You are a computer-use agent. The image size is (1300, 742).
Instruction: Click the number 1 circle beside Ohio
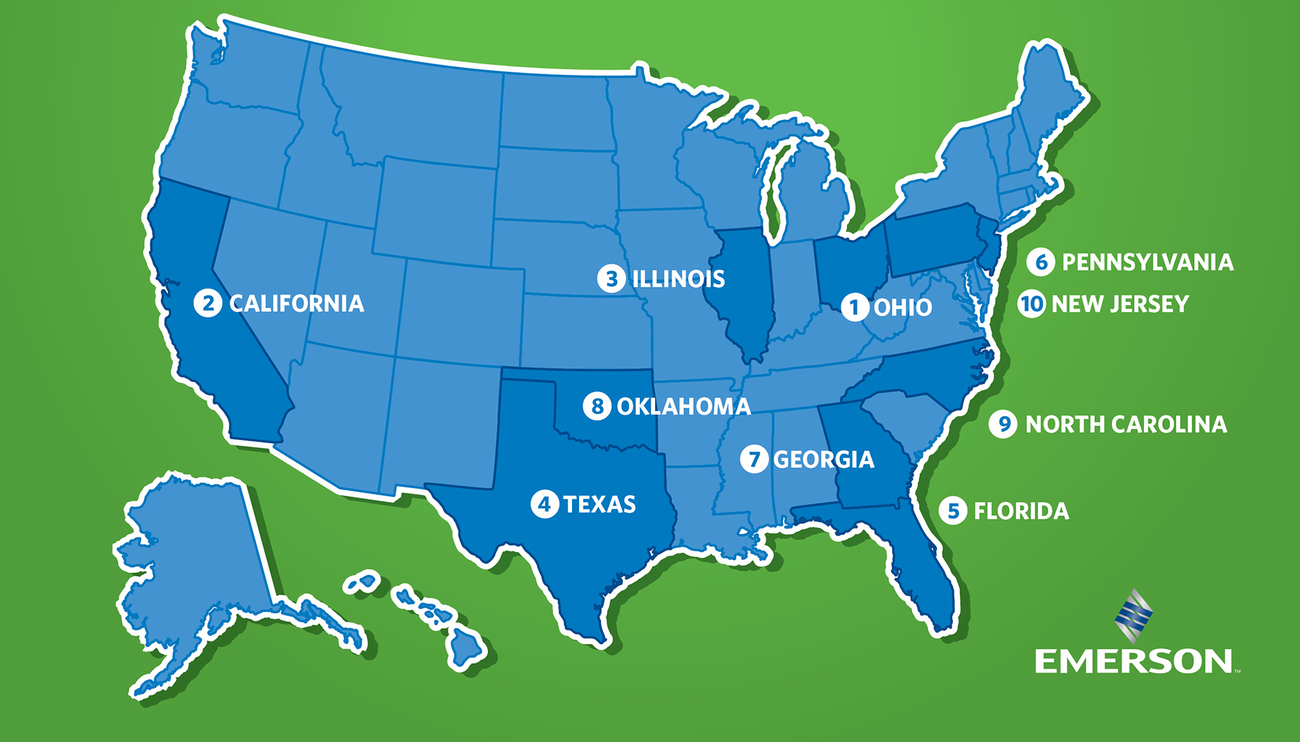[854, 307]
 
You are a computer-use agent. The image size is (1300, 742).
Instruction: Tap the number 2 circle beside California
[208, 303]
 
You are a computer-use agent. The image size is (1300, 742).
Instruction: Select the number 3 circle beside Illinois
[612, 278]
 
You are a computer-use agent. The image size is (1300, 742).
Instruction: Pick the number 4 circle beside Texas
[545, 504]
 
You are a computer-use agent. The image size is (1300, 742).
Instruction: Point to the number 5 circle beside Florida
[953, 511]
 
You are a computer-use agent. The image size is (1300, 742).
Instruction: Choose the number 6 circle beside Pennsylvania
[1041, 262]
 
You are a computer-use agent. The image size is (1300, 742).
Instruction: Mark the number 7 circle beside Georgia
[754, 459]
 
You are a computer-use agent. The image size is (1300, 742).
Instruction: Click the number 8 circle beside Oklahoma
[597, 406]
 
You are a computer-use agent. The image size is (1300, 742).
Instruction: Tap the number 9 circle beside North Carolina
[1003, 424]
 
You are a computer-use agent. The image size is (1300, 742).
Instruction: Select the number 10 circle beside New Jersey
[1031, 303]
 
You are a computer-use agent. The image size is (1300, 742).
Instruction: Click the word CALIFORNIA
[297, 303]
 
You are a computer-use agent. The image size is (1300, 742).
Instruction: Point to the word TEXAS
[599, 504]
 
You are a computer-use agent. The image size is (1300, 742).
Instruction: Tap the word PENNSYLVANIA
[1148, 262]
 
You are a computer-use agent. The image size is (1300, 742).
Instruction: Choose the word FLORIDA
[1021, 512]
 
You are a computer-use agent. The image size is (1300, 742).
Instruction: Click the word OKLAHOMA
[684, 407]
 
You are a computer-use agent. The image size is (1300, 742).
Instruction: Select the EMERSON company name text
[1134, 661]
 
